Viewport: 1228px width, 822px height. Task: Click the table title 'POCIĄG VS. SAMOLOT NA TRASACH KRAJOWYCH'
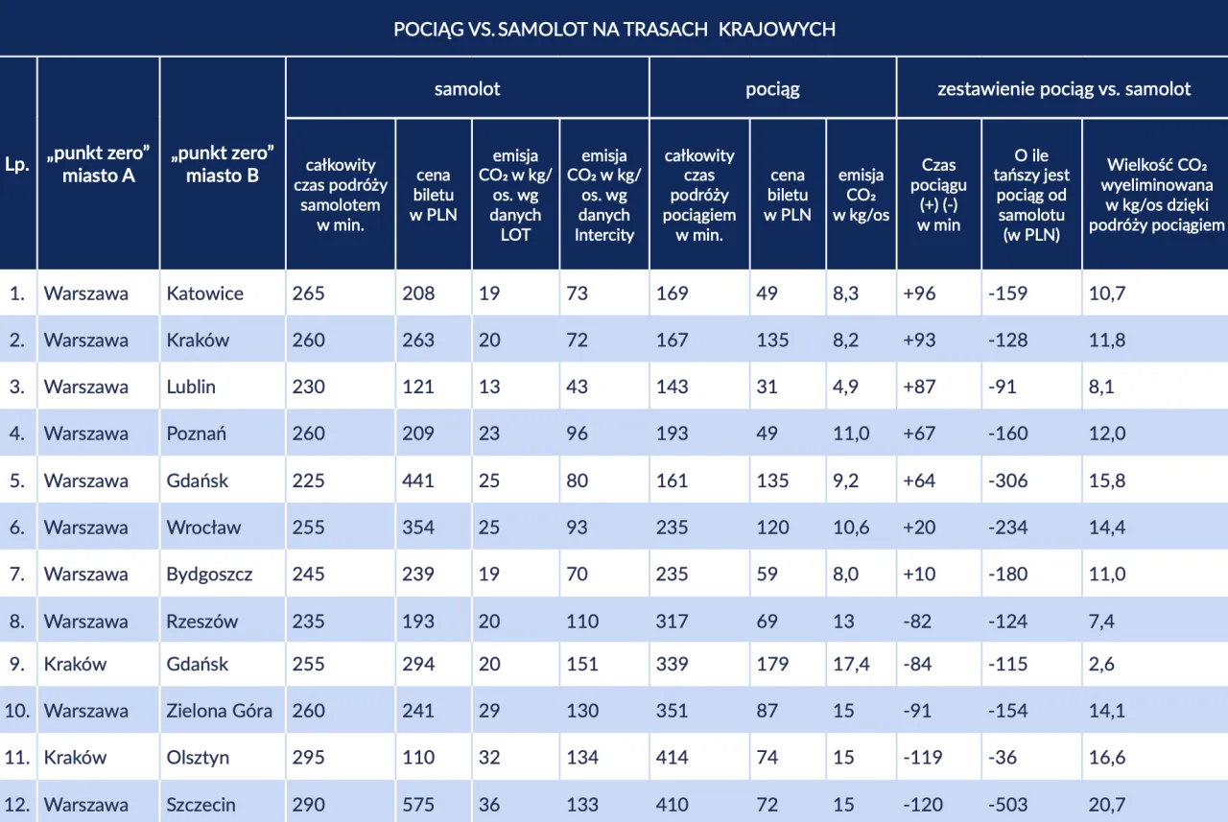click(x=614, y=29)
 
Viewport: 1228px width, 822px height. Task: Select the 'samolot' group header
click(x=467, y=89)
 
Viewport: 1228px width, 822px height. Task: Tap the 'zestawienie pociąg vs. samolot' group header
click(x=1063, y=89)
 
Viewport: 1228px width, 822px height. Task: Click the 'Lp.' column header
click(x=17, y=164)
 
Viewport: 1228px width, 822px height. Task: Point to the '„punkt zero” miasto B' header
click(x=223, y=164)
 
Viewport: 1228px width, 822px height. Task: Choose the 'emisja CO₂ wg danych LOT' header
click(x=515, y=195)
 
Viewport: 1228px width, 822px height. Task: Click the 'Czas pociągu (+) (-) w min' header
click(x=938, y=195)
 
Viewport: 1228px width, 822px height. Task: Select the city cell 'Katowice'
click(x=204, y=294)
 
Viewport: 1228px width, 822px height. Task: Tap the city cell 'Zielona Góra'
click(x=220, y=711)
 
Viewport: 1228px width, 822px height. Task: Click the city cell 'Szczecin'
click(x=201, y=805)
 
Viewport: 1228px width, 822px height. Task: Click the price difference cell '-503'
click(x=1007, y=805)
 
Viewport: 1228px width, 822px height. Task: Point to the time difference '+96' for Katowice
click(x=919, y=294)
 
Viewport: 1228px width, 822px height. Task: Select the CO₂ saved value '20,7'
click(x=1107, y=805)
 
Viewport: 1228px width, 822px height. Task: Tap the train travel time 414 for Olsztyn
click(x=672, y=758)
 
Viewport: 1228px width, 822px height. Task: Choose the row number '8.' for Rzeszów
click(x=17, y=622)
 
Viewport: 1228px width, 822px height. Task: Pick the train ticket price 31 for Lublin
click(x=767, y=388)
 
